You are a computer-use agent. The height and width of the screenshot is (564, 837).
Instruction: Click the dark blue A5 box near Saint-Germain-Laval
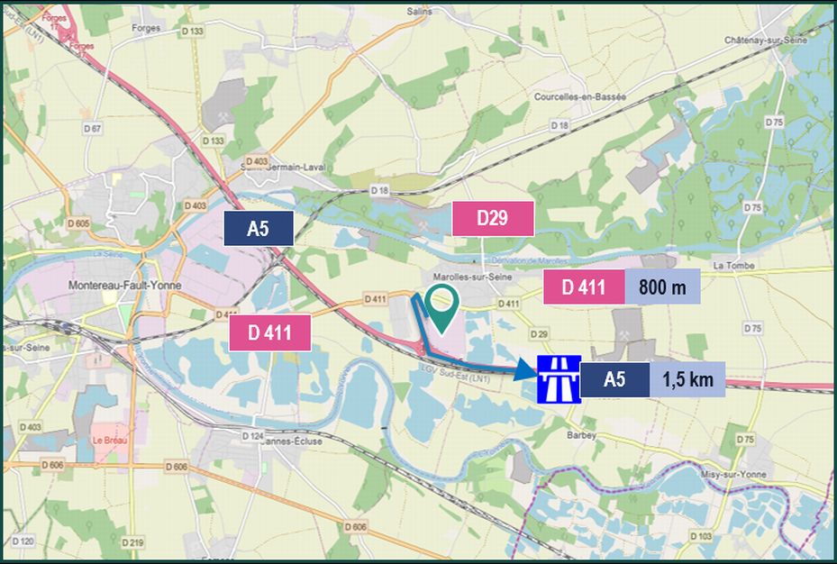point(259,228)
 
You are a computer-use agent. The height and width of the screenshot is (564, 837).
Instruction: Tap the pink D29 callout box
point(493,219)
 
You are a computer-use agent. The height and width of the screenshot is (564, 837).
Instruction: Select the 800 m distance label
point(662,287)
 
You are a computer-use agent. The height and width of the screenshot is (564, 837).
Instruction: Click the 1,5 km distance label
point(687,379)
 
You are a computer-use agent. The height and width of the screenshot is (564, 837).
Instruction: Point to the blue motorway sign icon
point(557,378)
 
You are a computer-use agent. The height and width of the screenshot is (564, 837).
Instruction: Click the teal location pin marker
point(440,305)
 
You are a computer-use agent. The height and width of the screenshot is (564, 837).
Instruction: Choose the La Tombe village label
point(731,266)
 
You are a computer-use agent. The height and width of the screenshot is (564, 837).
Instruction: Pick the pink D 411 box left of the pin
point(270,332)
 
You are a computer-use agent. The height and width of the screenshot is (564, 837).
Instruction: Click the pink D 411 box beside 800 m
point(584,287)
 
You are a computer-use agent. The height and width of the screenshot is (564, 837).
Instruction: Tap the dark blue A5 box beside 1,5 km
point(614,379)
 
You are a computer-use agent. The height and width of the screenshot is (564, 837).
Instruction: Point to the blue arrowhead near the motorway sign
point(525,370)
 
